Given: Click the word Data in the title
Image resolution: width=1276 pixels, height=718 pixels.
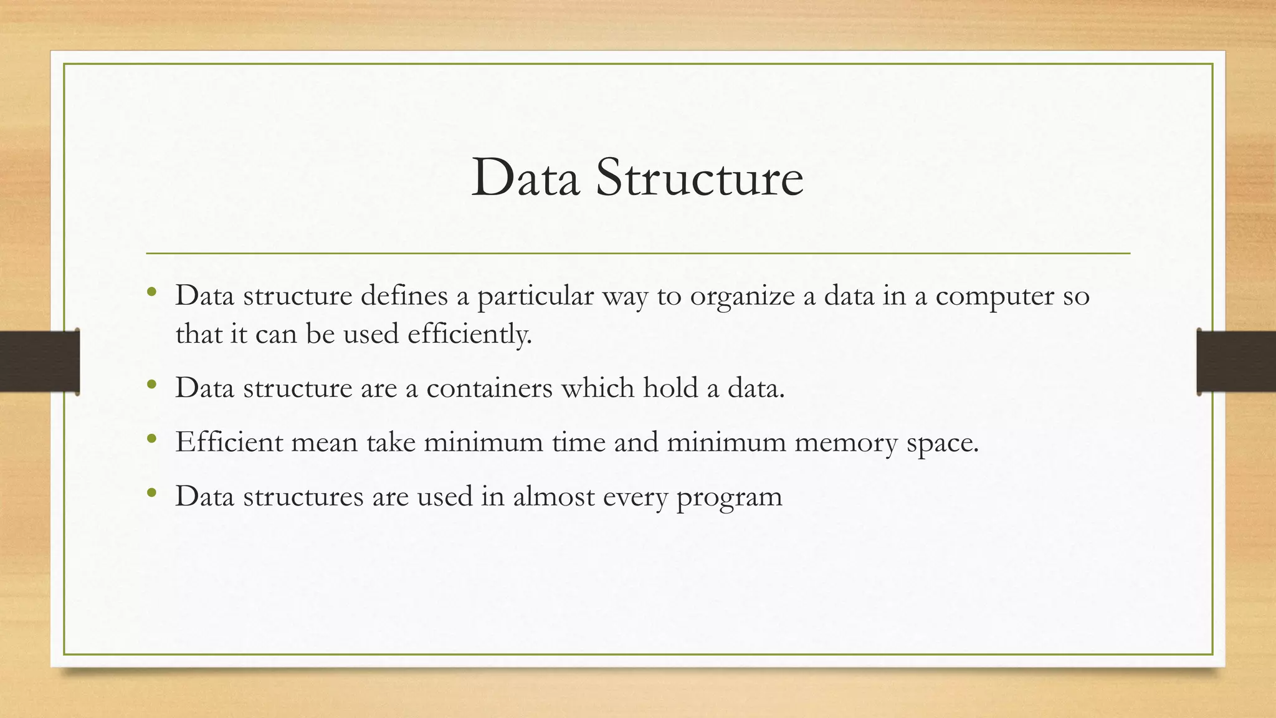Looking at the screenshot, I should [525, 179].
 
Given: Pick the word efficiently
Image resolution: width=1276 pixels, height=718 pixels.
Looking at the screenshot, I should [470, 335].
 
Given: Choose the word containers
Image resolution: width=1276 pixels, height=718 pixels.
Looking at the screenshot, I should [490, 388].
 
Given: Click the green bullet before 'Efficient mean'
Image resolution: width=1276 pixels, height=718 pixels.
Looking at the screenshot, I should [151, 439].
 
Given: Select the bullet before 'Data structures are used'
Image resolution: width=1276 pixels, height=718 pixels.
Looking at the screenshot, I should [151, 494].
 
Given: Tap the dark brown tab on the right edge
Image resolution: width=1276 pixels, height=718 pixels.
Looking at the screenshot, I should [1236, 361].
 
